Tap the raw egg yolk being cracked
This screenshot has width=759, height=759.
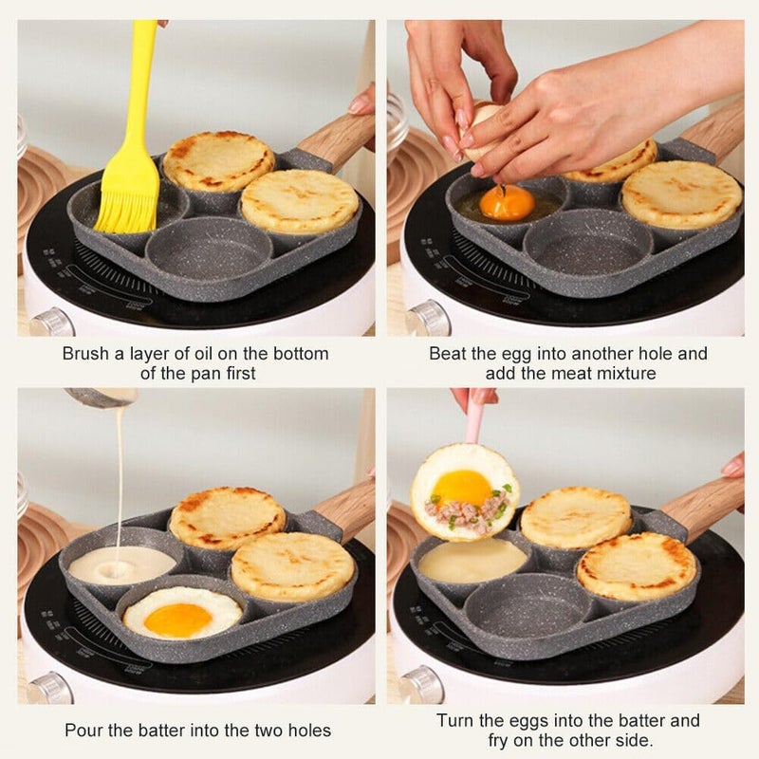(x=507, y=202)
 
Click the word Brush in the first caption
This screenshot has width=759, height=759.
(x=85, y=354)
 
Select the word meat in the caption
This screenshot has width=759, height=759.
(x=574, y=374)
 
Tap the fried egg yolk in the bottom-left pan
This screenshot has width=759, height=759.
(x=178, y=620)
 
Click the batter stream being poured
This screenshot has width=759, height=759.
(x=120, y=474)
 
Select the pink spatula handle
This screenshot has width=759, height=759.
(x=473, y=417)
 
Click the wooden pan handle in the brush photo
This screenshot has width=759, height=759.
(x=337, y=139)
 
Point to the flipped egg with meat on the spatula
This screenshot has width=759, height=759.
(x=465, y=492)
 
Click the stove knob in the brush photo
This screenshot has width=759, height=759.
(x=50, y=323)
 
